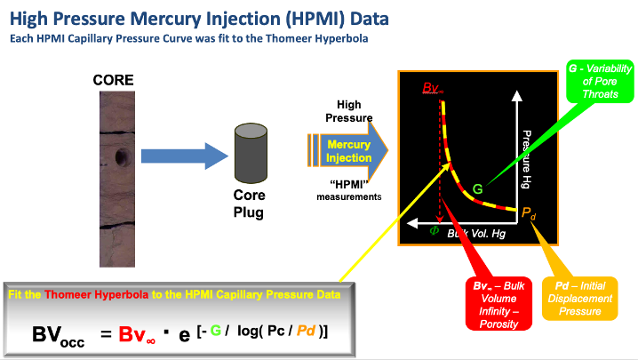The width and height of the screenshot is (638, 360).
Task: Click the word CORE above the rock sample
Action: coord(115,80)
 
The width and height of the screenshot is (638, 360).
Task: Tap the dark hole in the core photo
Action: coord(120,160)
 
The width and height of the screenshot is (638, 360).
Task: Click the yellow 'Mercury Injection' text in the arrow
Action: coord(349,151)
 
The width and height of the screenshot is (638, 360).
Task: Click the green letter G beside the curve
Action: coord(477,188)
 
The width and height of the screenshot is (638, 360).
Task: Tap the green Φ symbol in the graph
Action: coord(435,229)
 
